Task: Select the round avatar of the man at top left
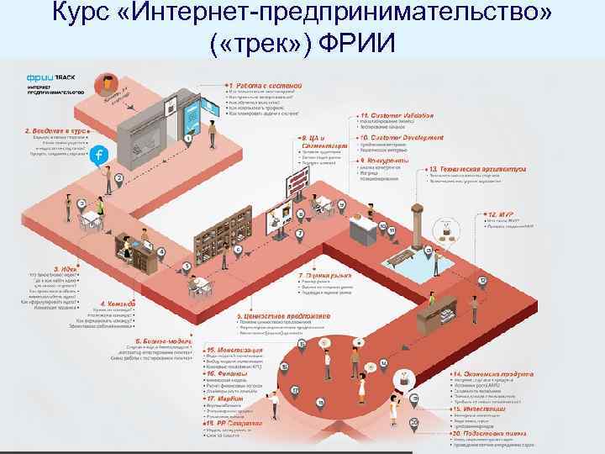(x=108, y=83)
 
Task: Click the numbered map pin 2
(x=96, y=178)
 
